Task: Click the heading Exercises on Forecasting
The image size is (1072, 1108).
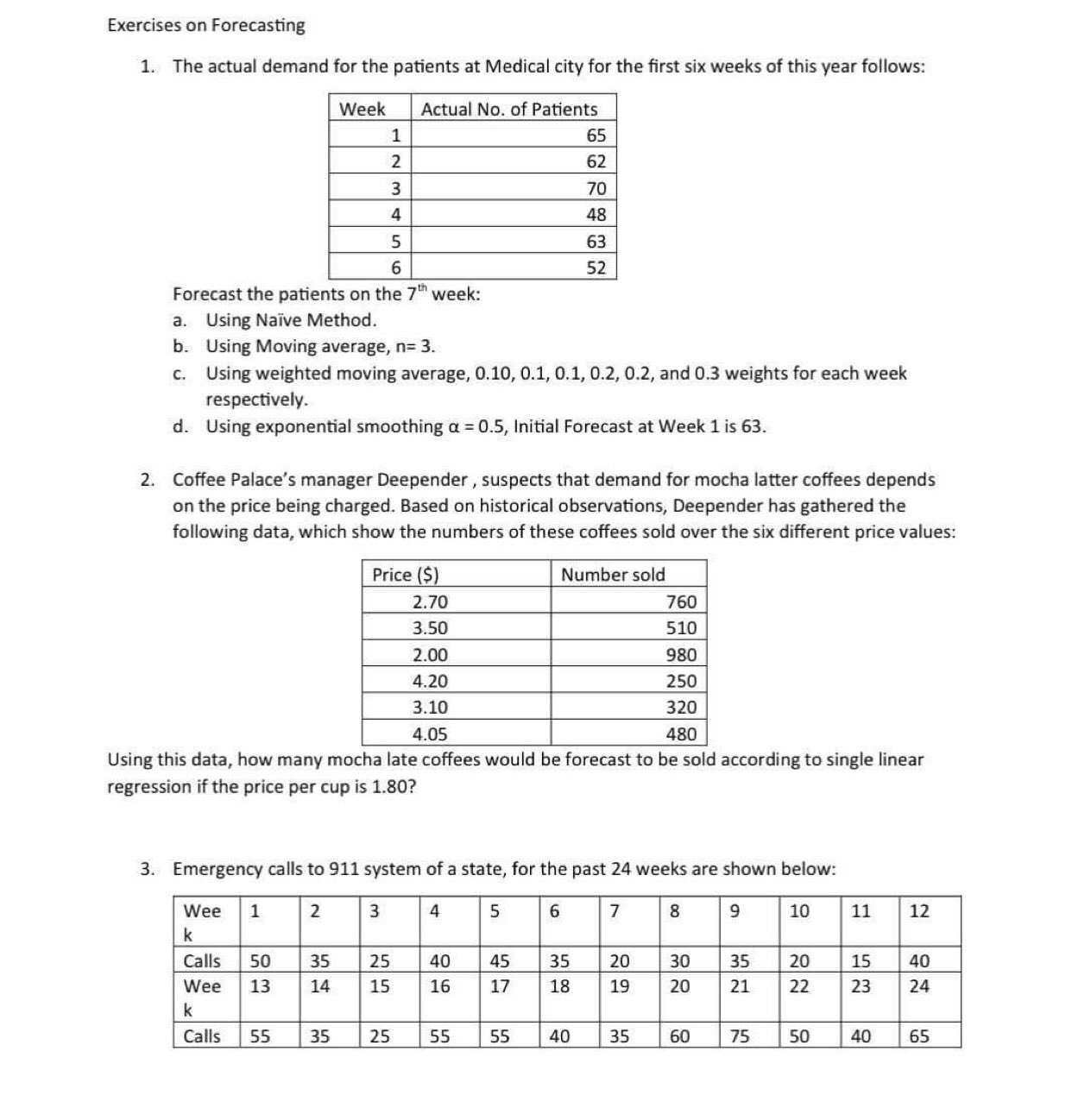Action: click(205, 25)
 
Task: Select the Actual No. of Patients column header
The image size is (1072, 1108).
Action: click(508, 110)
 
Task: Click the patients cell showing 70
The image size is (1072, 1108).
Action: click(596, 188)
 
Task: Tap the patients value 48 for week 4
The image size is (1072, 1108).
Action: click(596, 215)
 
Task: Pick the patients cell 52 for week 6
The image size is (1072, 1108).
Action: click(596, 268)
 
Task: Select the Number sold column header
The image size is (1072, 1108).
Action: click(613, 575)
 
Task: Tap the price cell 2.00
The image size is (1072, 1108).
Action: click(430, 655)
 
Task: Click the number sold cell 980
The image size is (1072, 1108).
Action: click(681, 655)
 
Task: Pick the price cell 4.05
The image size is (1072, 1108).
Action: click(430, 734)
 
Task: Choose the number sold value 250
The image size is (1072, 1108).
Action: click(681, 681)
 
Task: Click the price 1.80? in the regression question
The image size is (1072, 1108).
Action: click(394, 787)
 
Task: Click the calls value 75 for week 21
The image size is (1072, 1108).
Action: click(740, 1036)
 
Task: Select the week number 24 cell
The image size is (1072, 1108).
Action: click(919, 986)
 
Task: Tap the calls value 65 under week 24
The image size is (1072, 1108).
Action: click(919, 1036)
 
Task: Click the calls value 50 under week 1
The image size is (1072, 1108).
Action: click(260, 961)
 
